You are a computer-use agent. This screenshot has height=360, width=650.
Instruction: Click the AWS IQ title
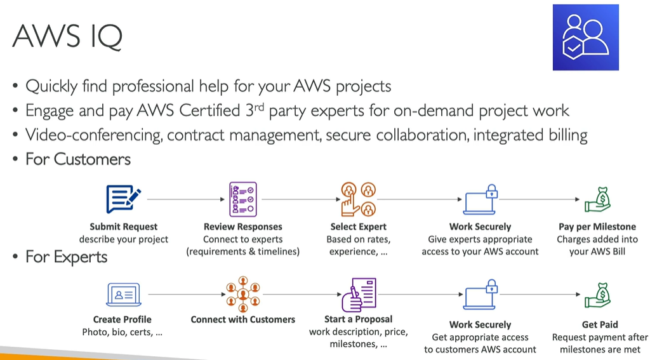[x=67, y=36]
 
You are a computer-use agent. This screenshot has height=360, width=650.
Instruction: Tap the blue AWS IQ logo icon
[x=585, y=37]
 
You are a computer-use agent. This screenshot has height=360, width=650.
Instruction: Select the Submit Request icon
[x=123, y=199]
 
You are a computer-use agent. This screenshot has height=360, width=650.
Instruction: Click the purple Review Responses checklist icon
[x=242, y=199]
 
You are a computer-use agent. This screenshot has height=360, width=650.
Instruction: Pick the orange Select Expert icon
[x=358, y=199]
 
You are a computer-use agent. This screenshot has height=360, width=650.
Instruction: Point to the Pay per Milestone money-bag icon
[x=596, y=199]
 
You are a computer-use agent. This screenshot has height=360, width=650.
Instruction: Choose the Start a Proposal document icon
[x=359, y=294]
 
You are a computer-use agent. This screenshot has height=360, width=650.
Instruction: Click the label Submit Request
[x=123, y=227]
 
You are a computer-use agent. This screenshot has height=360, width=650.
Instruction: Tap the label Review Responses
[x=242, y=227]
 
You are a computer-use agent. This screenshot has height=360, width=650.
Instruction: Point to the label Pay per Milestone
[x=596, y=227]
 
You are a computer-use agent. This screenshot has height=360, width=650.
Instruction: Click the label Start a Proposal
[x=358, y=319]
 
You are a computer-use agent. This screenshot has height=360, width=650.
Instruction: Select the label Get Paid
[x=600, y=324]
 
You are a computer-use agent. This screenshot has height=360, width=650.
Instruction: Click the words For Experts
[x=66, y=257]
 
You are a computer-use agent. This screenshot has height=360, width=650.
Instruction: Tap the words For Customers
[x=77, y=159]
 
